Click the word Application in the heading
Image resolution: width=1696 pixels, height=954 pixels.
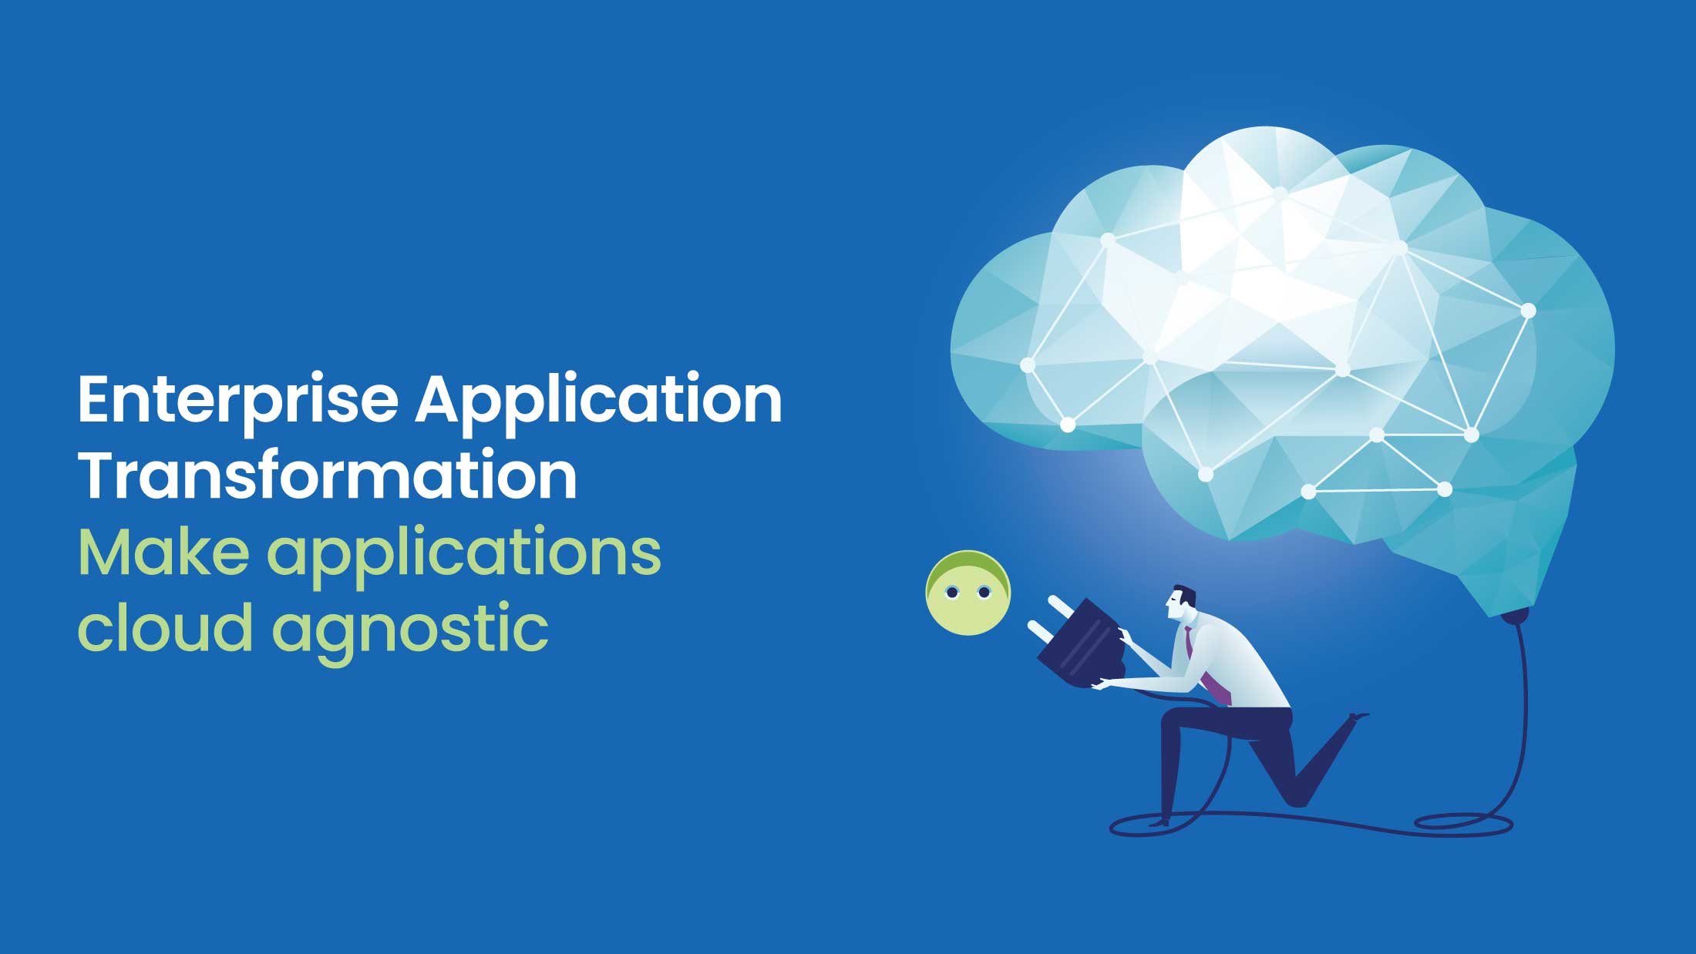click(x=598, y=401)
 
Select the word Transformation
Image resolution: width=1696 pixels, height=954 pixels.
click(x=328, y=476)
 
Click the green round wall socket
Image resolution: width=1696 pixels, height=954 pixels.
click(x=967, y=593)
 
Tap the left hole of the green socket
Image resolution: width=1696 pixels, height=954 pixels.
click(x=951, y=593)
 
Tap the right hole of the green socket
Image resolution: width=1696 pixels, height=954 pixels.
click(x=983, y=593)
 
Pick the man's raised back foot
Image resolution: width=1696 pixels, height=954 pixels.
click(x=1358, y=717)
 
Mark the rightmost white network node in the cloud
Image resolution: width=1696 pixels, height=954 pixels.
click(x=1528, y=311)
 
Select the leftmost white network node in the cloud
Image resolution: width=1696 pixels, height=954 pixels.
click(x=1028, y=364)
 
